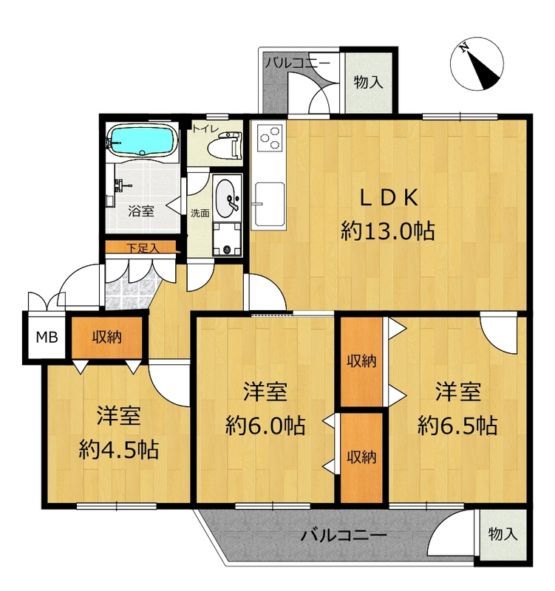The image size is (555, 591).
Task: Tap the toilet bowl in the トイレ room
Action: point(224,144)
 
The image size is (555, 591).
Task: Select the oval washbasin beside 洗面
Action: point(227,198)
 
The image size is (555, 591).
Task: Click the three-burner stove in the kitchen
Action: point(270,137)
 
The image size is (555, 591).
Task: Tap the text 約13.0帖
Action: point(387,230)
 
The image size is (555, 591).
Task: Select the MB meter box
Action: point(47,337)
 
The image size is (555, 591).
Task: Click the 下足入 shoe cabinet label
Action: point(143,248)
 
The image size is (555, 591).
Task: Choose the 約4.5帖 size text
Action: point(119,449)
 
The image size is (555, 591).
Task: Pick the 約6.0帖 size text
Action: point(265,426)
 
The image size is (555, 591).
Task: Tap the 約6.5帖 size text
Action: point(457,426)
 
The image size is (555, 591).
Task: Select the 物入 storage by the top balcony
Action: point(368,82)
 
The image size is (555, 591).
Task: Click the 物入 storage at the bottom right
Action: point(503,533)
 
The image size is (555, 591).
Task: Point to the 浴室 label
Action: point(141,211)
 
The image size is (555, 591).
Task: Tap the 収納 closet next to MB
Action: point(107,337)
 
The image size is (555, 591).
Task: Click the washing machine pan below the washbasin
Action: point(227,239)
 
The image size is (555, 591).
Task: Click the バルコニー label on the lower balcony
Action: point(344,535)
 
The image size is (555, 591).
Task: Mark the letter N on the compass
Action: point(464,47)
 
